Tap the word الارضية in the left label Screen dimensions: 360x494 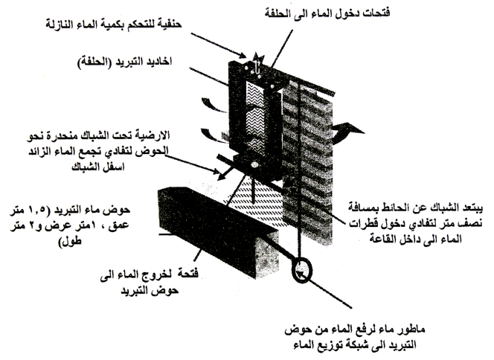[x=152, y=135]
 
